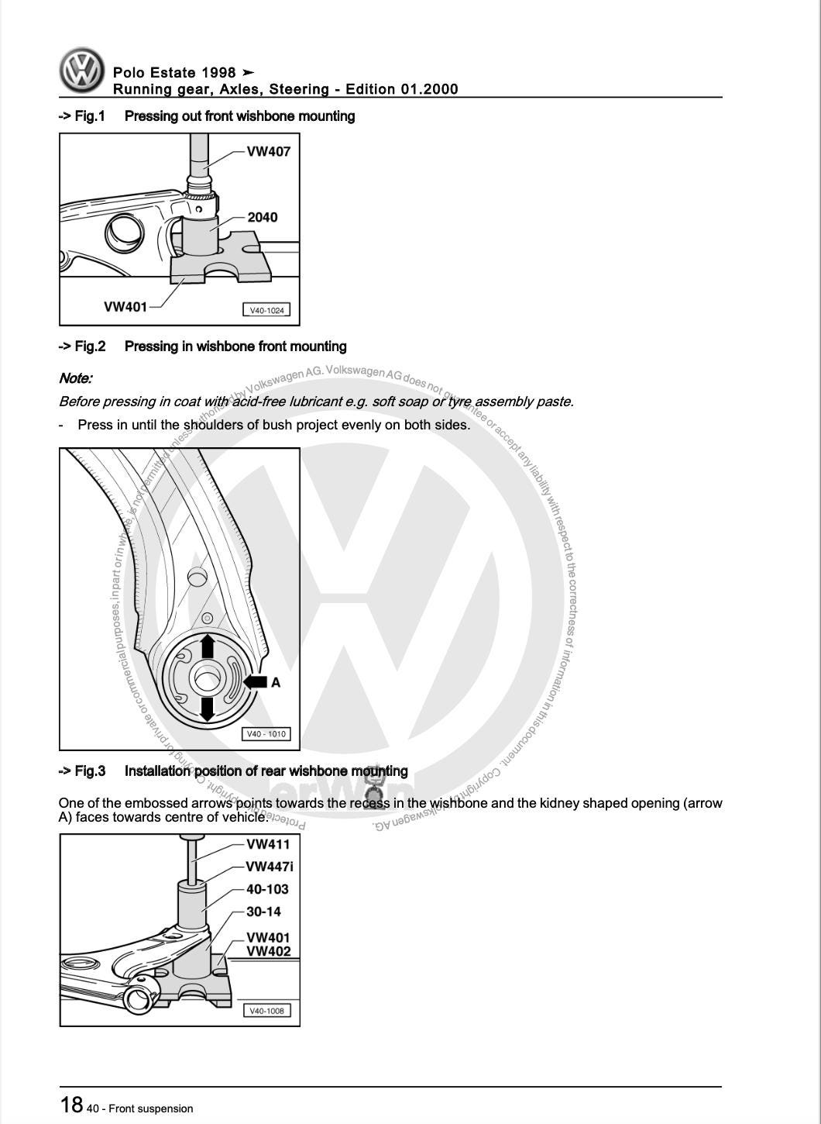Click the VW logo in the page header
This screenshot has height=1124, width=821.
click(82, 71)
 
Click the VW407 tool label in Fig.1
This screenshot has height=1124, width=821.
click(268, 152)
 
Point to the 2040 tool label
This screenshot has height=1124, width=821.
click(263, 218)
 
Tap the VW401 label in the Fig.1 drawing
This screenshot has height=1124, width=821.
click(125, 307)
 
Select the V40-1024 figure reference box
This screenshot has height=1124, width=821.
click(266, 310)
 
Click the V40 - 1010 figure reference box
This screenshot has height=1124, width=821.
click(266, 734)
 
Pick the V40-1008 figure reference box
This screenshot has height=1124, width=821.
click(266, 1011)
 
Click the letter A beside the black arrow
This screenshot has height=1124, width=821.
click(275, 682)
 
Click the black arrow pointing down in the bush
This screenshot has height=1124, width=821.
click(207, 709)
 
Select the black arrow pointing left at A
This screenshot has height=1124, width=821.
click(255, 682)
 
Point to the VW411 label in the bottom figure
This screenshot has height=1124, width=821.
click(268, 844)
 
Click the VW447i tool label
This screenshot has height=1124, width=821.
click(270, 867)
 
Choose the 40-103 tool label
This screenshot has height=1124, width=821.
click(267, 889)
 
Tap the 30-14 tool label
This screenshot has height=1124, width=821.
click(263, 912)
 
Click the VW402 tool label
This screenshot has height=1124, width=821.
click(268, 951)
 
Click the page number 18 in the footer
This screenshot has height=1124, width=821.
click(71, 1105)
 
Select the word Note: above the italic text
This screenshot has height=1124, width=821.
click(75, 378)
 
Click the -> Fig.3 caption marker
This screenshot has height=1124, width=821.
click(81, 771)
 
